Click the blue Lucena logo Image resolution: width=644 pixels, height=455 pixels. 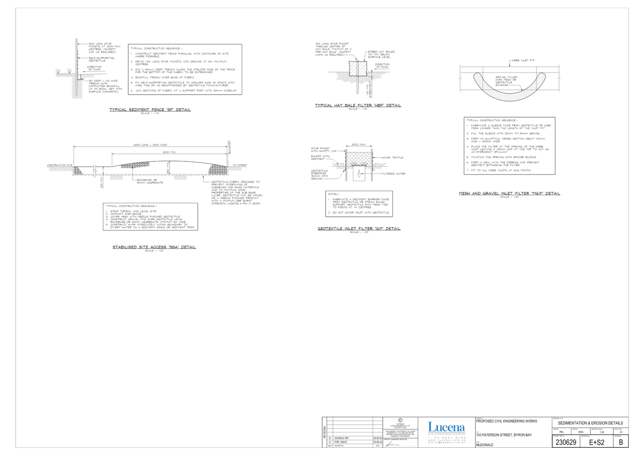(446, 427)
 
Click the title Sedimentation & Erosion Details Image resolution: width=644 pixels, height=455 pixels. (590, 423)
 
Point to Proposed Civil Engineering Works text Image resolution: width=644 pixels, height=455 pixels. (507, 421)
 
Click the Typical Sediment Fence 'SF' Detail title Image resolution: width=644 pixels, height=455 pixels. (150, 110)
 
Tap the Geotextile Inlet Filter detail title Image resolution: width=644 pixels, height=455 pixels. (359, 229)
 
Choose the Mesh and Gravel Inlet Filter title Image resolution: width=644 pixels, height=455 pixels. (510, 193)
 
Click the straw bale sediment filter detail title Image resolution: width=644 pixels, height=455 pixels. (358, 105)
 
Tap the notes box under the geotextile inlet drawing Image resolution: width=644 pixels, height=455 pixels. (359, 203)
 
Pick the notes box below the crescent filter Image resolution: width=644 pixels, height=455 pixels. (510, 146)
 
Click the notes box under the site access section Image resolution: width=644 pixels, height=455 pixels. (150, 217)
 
